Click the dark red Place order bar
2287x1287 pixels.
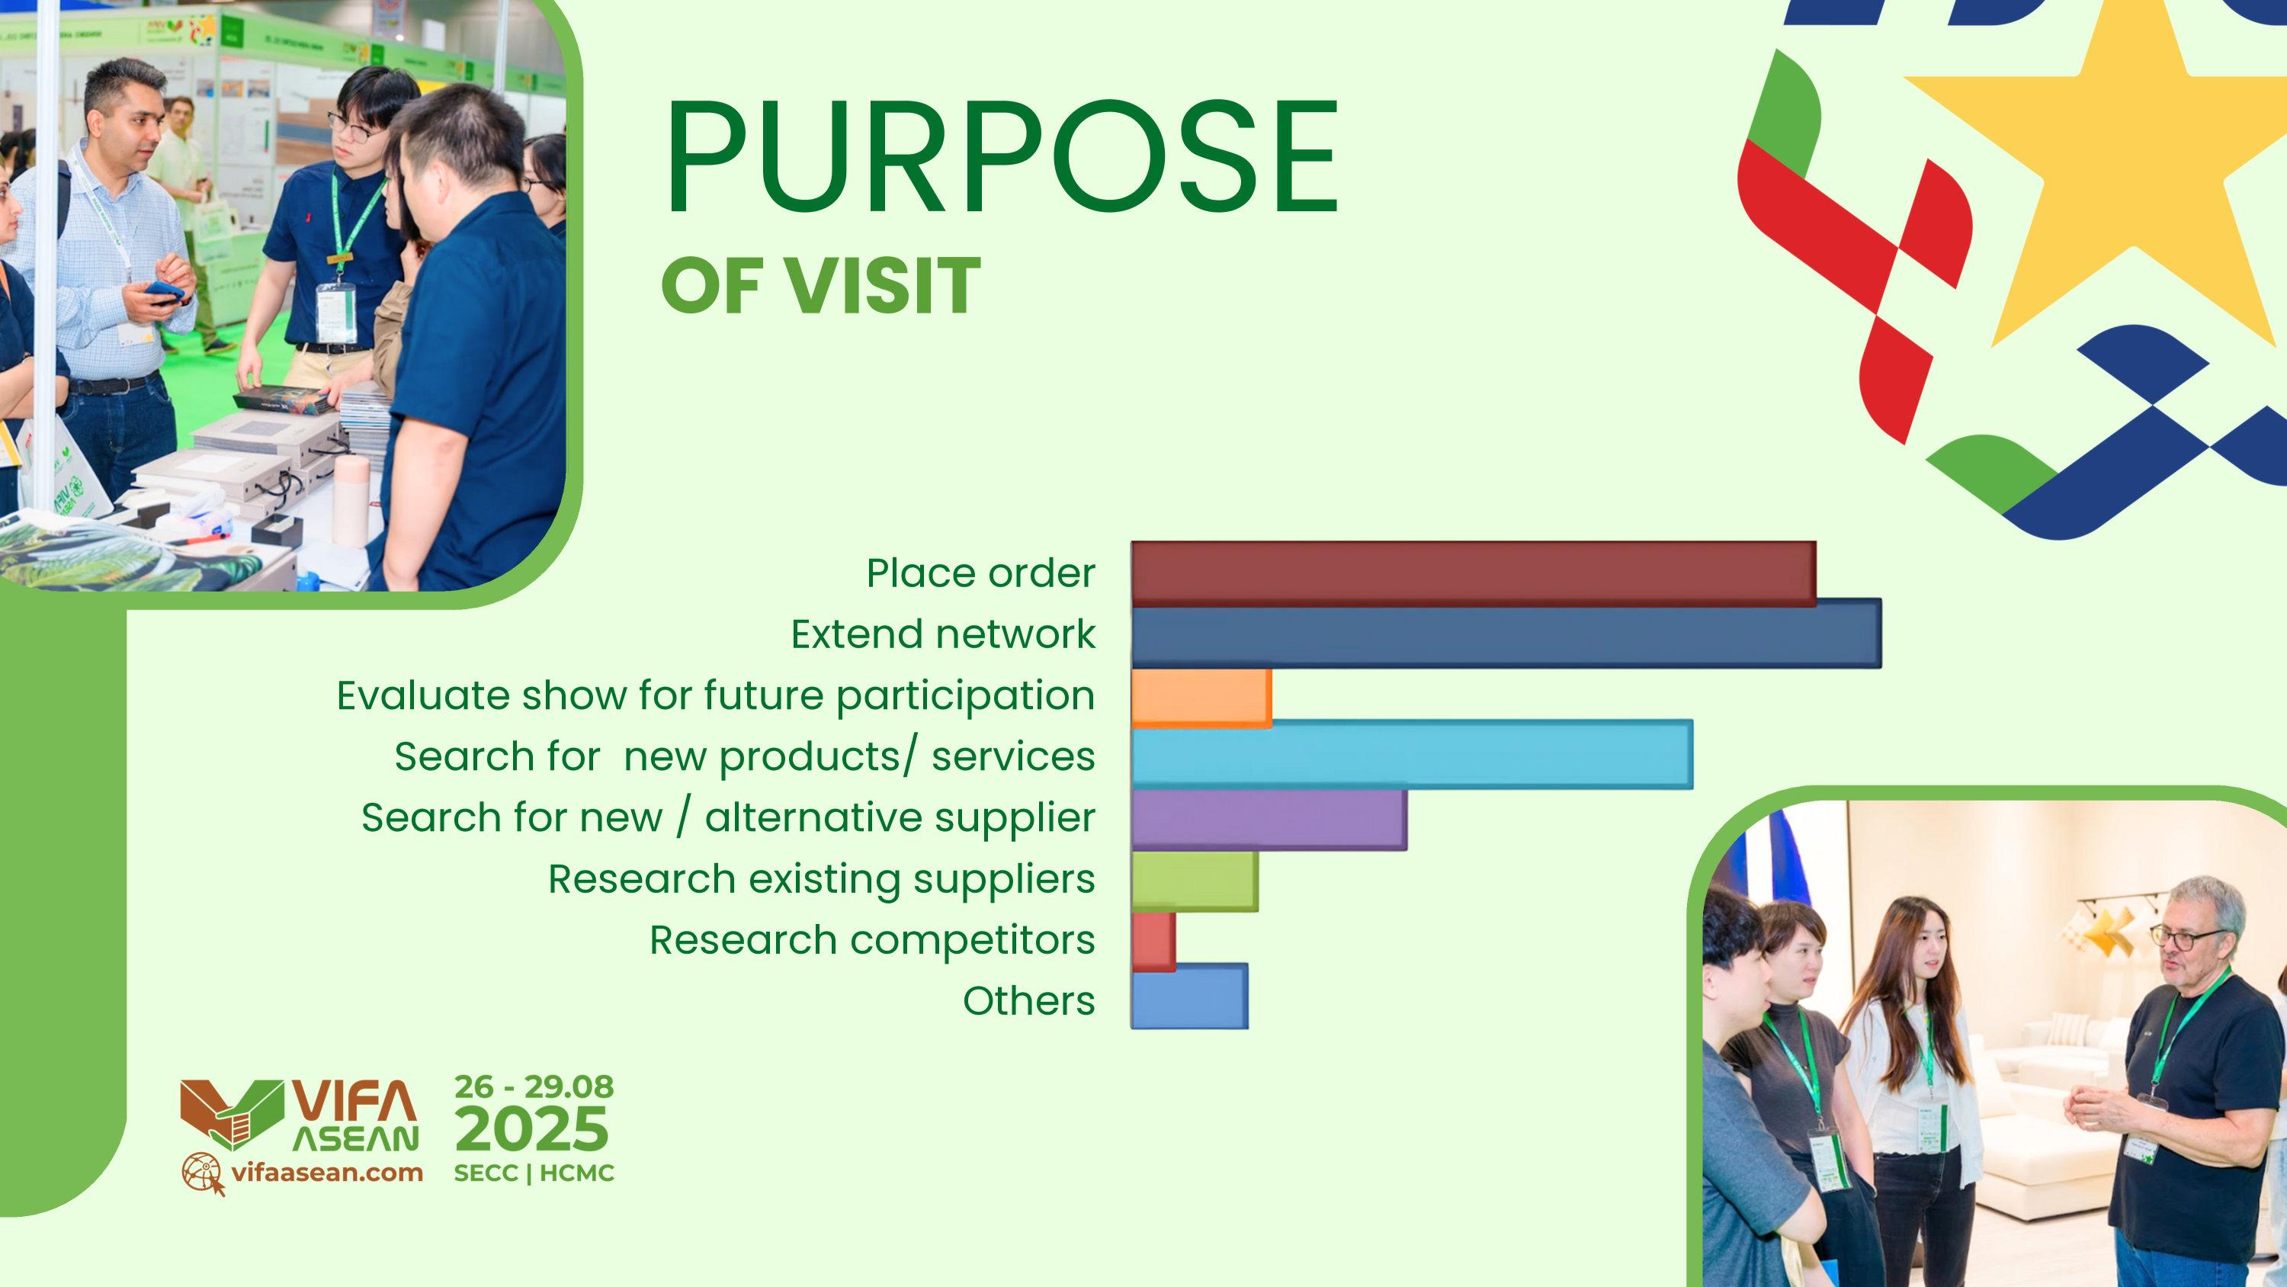(1474, 574)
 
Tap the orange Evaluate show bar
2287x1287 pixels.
(1201, 699)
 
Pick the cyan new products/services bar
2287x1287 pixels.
(1413, 754)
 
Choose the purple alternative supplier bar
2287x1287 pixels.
(1269, 818)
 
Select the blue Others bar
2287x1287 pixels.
(1190, 997)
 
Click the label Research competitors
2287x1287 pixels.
(872, 940)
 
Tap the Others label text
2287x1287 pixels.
(1029, 1001)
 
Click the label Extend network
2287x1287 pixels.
(943, 634)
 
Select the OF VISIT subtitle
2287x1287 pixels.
(820, 285)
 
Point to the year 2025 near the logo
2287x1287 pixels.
(534, 1130)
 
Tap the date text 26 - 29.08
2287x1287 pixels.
(534, 1086)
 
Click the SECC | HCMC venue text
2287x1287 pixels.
(534, 1173)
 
